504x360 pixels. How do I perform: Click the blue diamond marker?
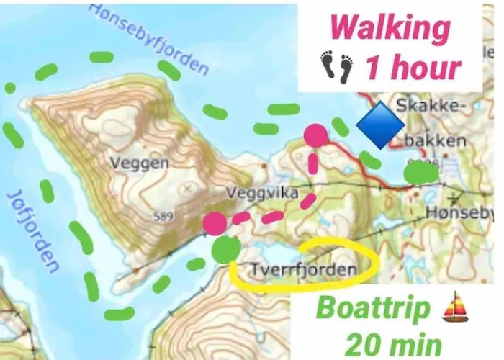click(x=380, y=125)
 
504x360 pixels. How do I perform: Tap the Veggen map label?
click(x=140, y=163)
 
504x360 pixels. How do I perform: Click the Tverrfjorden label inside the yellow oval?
click(x=303, y=270)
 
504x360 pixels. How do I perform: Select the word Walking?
click(x=390, y=30)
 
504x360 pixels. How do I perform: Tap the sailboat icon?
click(x=455, y=310)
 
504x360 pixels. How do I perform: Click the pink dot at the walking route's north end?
click(x=315, y=135)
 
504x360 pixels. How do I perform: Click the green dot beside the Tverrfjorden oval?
click(x=226, y=250)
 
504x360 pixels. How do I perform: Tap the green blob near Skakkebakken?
click(x=420, y=172)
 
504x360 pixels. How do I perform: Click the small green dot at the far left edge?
click(x=10, y=88)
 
